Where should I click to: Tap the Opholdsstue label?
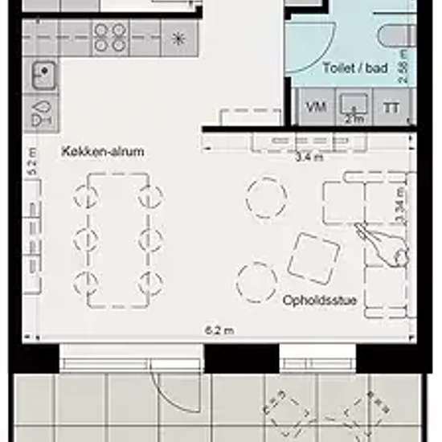click(x=319, y=300)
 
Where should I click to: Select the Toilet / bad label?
click(x=353, y=69)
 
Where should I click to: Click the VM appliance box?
click(x=317, y=107)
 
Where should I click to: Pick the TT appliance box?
click(x=392, y=107)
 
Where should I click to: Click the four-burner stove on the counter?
click(x=110, y=37)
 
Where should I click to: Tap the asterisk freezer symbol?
click(x=178, y=38)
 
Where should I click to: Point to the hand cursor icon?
click(x=384, y=245)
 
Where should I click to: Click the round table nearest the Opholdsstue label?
click(x=257, y=282)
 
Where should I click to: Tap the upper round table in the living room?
click(x=266, y=198)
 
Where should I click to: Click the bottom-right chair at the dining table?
click(x=150, y=283)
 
